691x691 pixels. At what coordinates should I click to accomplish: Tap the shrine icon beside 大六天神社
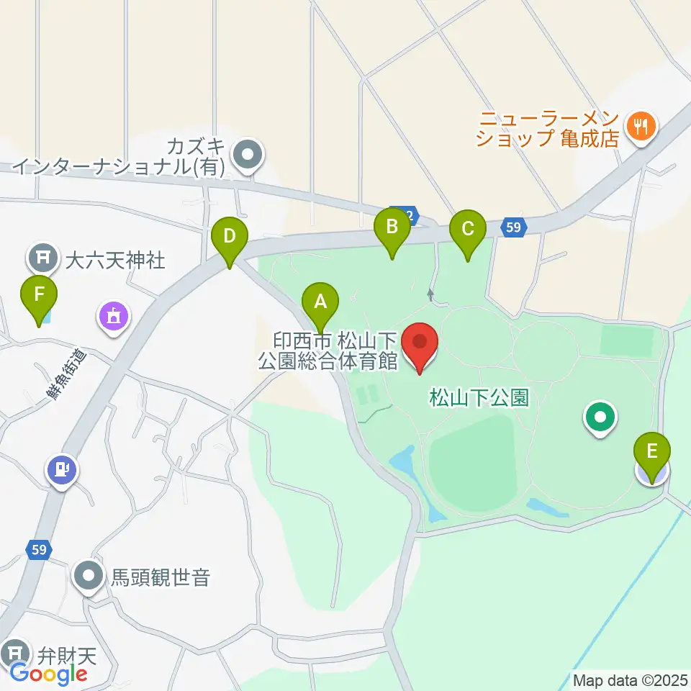[x=44, y=256]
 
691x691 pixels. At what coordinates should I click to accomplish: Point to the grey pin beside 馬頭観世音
[x=90, y=577]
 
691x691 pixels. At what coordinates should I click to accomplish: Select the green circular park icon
[x=600, y=417]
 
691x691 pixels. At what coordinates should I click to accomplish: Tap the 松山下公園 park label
[x=479, y=397]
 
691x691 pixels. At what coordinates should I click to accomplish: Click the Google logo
[x=49, y=673]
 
